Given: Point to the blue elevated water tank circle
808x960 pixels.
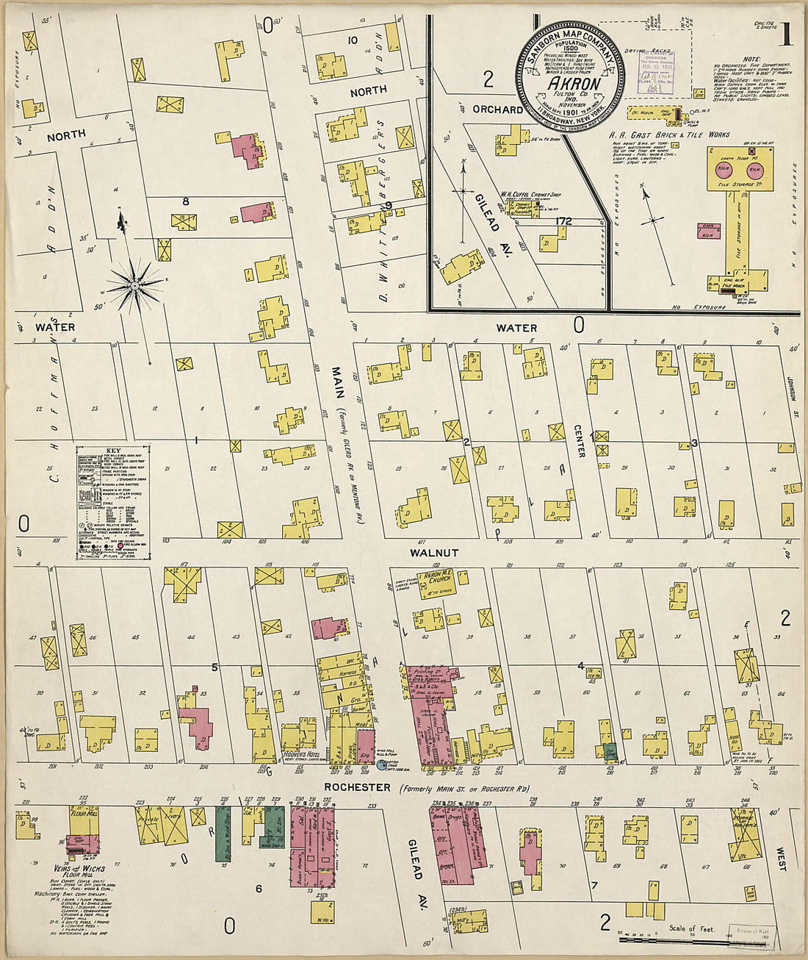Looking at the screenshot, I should (x=382, y=764).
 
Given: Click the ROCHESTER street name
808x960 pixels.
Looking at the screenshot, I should (x=358, y=787).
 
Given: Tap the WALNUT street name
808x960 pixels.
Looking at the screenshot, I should (x=434, y=552).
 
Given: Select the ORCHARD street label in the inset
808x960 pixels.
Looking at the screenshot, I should (x=497, y=110).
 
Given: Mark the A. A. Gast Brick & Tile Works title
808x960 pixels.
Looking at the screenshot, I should (x=669, y=135).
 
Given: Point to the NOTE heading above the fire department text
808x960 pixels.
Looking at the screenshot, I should (x=751, y=59).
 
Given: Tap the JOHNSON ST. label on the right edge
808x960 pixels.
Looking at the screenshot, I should (x=792, y=380).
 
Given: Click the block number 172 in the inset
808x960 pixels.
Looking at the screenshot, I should (x=563, y=221).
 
